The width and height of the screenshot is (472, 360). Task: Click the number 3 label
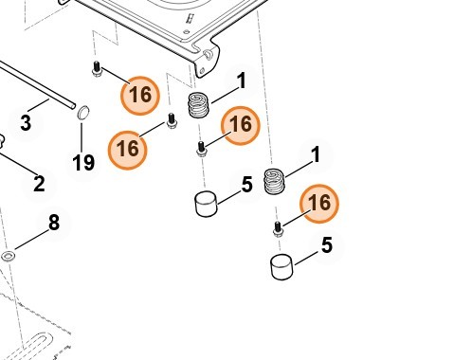point(26,123)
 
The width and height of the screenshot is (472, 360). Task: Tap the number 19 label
point(83,163)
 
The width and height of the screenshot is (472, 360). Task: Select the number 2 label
point(39,184)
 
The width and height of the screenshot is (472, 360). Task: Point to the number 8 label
point(54,223)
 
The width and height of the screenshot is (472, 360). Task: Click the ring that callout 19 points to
point(83,113)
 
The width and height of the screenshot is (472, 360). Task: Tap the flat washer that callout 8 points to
point(8,256)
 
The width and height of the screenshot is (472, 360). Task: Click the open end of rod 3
point(73,106)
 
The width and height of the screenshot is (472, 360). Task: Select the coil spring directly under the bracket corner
point(198,105)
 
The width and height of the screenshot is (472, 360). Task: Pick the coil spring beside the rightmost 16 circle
point(274,182)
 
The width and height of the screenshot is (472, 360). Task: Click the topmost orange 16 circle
point(140,96)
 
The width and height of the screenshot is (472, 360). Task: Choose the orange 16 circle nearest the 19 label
point(128,150)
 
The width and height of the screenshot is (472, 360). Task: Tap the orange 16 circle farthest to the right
point(319,204)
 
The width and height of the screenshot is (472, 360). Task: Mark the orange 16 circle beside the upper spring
point(241,125)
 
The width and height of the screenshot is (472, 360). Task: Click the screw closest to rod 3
point(97,69)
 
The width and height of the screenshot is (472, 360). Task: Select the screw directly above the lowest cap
point(278,229)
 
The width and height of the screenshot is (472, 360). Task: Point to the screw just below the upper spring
point(202,149)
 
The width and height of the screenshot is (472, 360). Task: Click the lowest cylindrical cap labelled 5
point(281,267)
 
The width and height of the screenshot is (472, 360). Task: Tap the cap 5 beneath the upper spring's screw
point(207,204)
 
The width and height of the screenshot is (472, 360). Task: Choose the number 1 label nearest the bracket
point(242,81)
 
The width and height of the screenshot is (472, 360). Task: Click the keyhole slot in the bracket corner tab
point(207,54)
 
